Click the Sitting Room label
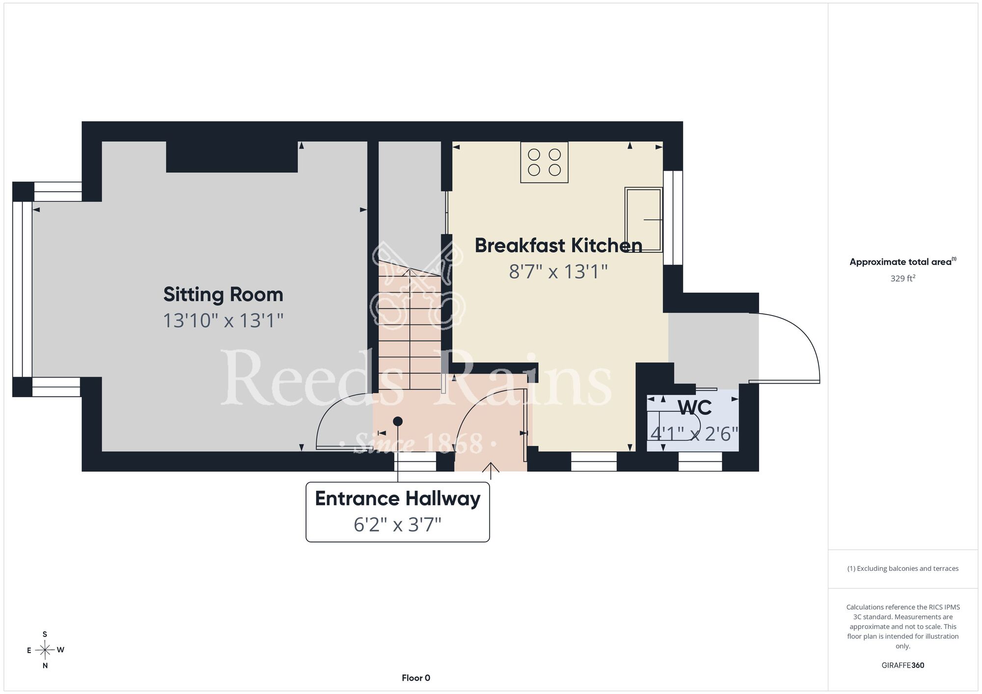223,294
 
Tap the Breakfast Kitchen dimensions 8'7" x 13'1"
558,271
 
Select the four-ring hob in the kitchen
544,162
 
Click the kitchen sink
643,220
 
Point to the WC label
695,408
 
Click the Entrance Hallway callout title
398,499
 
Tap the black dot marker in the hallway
398,421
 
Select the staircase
410,326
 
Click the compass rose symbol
45,650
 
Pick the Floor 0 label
416,678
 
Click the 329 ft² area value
903,278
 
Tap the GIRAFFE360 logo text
903,666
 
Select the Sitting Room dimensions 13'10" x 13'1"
223,320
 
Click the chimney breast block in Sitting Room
232,157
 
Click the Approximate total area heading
903,262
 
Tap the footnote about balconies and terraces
903,568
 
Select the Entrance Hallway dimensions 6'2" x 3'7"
398,525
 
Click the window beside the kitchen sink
673,218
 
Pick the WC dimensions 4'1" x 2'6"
695,434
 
